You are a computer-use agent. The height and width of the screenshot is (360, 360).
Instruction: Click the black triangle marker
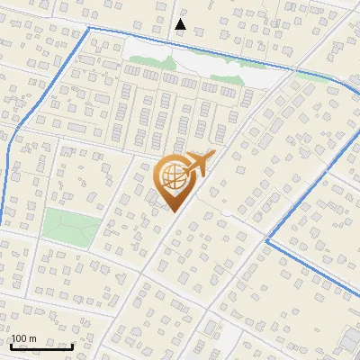click(180, 24)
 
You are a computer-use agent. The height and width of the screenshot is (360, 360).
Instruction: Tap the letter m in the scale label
click(34, 338)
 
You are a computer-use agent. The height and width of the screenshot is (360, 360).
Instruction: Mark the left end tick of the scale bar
click(12, 346)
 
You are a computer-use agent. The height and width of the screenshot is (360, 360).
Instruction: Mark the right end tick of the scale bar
click(71, 346)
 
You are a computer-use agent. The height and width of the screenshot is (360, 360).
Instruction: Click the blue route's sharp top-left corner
click(89, 28)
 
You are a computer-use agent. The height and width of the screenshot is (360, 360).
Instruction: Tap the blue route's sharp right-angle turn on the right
click(267, 240)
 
